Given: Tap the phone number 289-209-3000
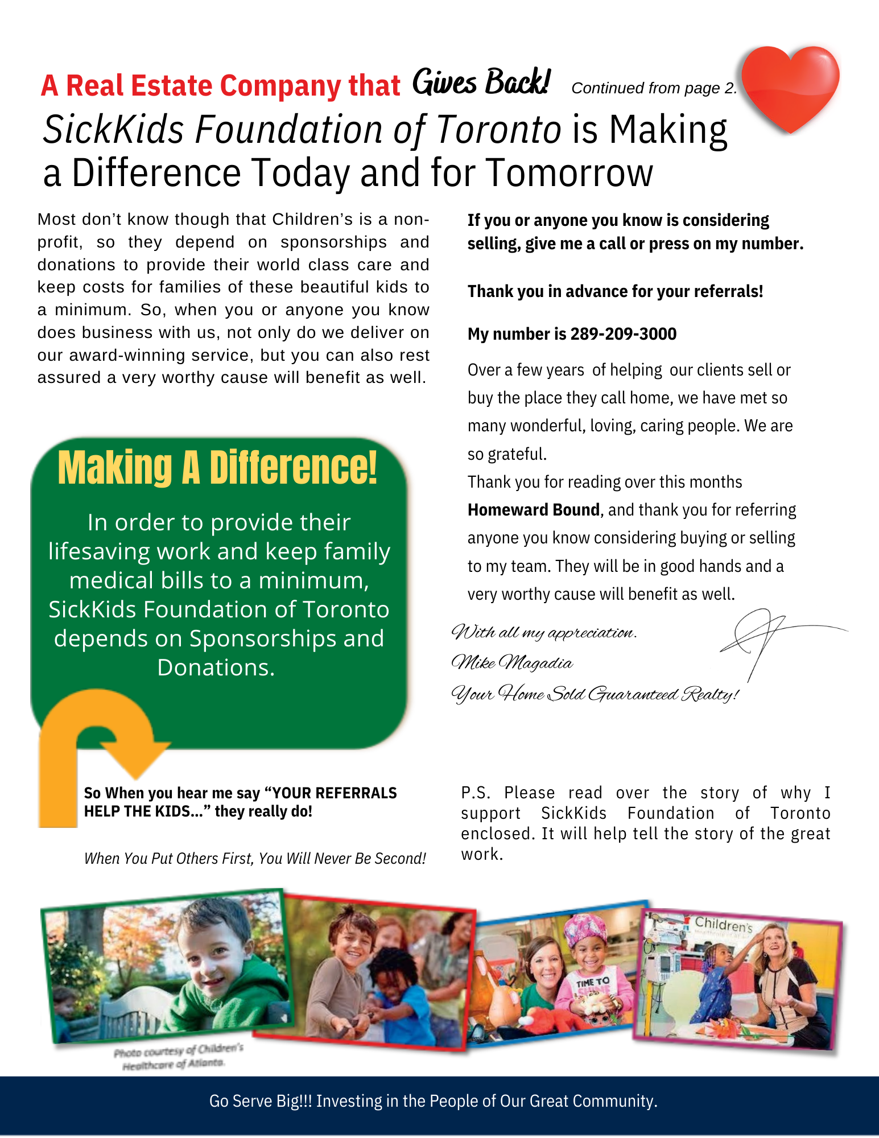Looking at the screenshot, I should point(623,334).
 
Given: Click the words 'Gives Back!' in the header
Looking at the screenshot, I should point(481,83).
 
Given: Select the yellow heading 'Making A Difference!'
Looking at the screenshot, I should point(217,468).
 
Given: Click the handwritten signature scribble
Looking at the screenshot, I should point(762,637).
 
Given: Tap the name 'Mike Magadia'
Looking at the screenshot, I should point(511,663).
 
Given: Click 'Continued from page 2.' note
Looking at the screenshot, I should point(654,88).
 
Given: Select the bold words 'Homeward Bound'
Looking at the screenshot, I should point(533,510).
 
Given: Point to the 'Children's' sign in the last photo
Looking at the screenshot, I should point(723,925).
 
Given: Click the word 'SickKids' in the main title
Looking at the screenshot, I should point(113,129).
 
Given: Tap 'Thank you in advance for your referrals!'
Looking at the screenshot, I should point(615,291).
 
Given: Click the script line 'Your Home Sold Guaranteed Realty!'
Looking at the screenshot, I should point(595,694).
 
